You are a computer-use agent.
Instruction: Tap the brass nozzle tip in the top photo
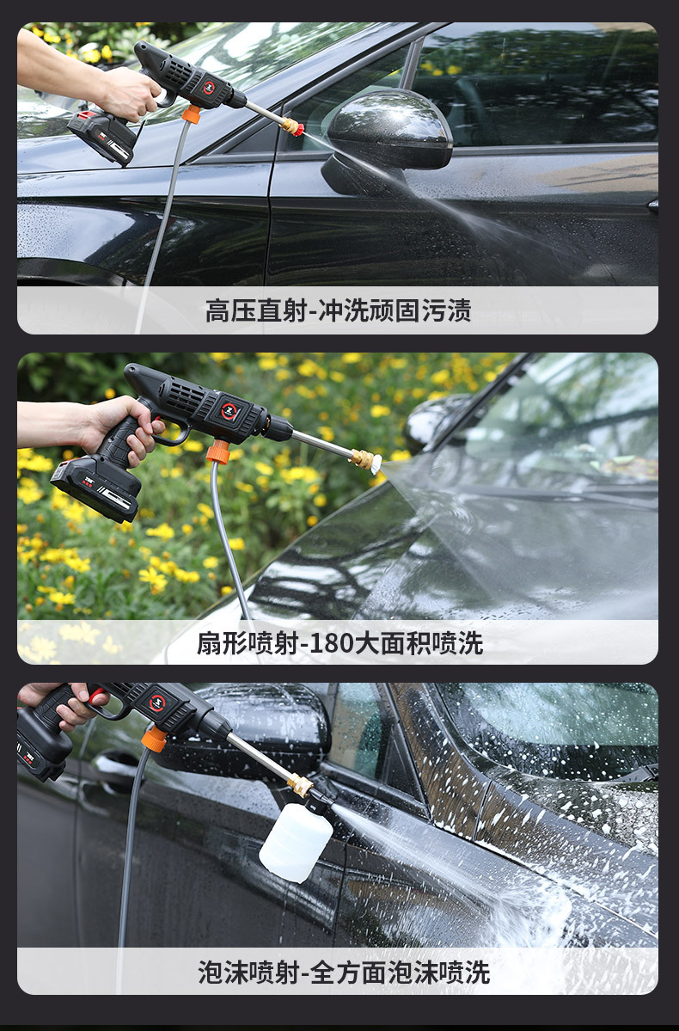(x=292, y=126)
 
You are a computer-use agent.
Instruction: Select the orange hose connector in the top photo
(x=191, y=114)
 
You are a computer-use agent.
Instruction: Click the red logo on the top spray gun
(x=208, y=87)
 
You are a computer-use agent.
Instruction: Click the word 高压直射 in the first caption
(x=256, y=310)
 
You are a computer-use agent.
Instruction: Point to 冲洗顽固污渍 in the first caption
(x=395, y=310)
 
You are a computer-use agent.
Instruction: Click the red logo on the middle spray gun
(x=229, y=410)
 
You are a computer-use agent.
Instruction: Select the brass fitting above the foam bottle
(x=301, y=783)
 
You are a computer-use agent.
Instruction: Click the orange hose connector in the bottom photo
(x=155, y=739)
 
